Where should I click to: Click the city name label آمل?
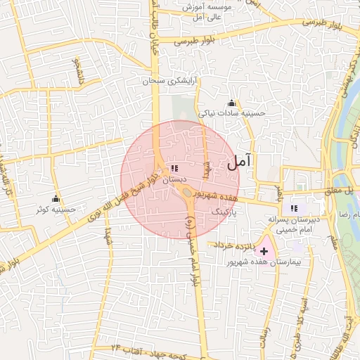pos(239,162)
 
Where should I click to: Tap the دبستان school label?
pos(174,180)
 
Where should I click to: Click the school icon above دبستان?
pos(174,169)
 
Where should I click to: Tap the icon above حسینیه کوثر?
pos(56,198)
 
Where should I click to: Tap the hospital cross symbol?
pos(264,251)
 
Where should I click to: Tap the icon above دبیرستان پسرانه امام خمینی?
pos(294,208)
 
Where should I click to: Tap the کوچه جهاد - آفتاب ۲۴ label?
pos(147,349)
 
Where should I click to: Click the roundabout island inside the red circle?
pos(186,193)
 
